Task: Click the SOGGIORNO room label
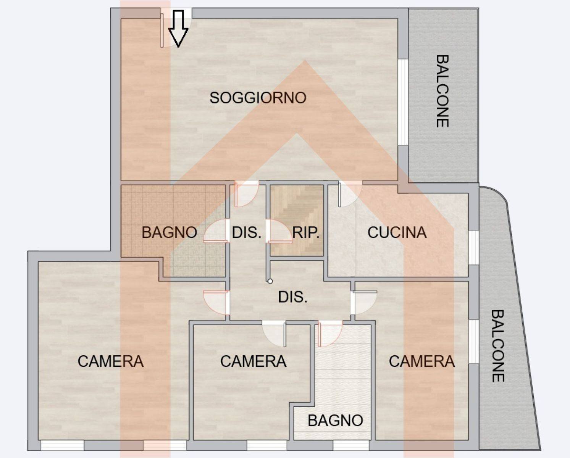tap(258, 98)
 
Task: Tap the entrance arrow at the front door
tap(178, 29)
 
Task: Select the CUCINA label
tap(397, 232)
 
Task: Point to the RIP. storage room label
tap(306, 233)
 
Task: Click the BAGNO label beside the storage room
tap(169, 232)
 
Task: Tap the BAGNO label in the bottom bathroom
tap(335, 420)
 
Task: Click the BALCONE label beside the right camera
tap(498, 346)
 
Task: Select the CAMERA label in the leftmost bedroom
tap(111, 361)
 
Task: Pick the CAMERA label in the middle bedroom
tap(253, 361)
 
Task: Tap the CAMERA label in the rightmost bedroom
tap(421, 361)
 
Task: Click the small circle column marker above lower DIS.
tap(270, 281)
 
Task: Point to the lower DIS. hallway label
tap(293, 297)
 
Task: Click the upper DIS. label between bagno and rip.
tap(247, 232)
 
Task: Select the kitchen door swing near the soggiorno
tap(350, 194)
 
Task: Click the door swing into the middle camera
tap(274, 334)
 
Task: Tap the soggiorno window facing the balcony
tap(403, 102)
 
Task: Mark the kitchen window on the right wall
tap(473, 247)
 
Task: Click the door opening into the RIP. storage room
tap(279, 231)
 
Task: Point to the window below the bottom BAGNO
tap(351, 445)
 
